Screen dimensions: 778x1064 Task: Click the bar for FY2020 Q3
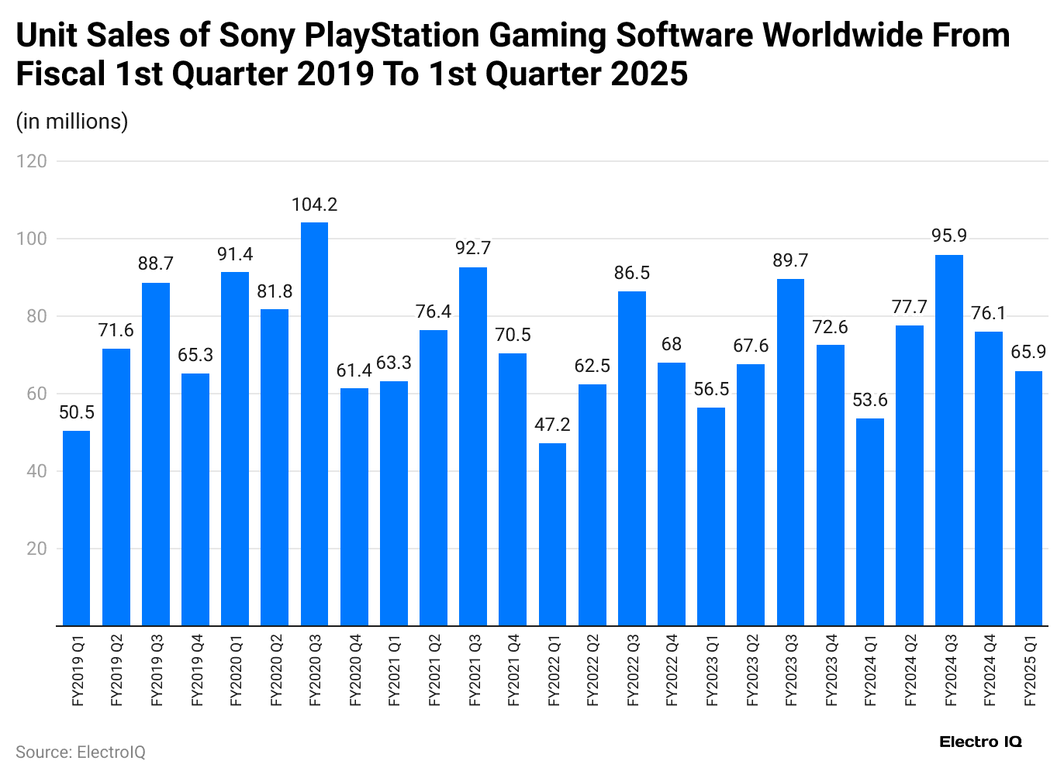click(314, 424)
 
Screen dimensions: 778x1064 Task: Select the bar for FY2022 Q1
click(552, 535)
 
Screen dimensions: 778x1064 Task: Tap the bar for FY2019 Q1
click(76, 528)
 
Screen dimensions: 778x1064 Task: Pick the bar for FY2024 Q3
click(949, 440)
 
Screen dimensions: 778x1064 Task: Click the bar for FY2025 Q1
click(1028, 498)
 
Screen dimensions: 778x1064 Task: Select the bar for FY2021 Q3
click(473, 446)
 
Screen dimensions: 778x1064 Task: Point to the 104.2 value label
click(314, 205)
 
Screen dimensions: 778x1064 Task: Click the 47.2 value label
click(552, 425)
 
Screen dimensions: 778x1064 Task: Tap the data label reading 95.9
click(949, 236)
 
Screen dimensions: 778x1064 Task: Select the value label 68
click(671, 344)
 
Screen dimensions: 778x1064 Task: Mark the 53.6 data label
click(869, 400)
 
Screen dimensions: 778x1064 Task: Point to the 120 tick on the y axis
click(32, 161)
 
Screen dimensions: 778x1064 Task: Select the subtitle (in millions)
click(72, 122)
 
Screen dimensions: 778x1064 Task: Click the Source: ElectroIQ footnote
click(81, 752)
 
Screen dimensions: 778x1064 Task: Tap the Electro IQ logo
click(980, 742)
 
